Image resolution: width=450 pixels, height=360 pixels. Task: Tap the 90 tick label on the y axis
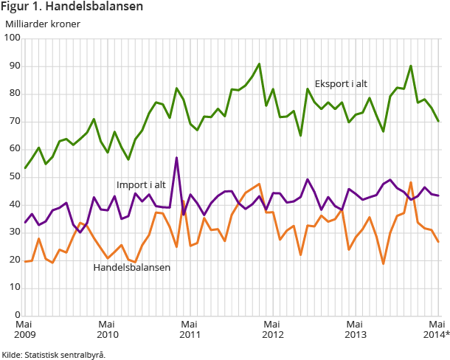(x=13, y=66)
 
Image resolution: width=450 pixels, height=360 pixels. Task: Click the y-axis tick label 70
(x=13, y=121)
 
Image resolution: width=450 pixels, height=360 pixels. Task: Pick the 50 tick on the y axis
(x=13, y=177)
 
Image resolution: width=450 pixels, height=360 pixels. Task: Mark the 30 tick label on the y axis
(x=13, y=232)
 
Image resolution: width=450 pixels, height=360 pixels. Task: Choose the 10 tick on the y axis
(x=13, y=288)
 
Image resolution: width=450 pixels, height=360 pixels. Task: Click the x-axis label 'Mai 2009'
(x=25, y=330)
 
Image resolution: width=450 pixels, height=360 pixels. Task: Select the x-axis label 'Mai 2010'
(x=108, y=330)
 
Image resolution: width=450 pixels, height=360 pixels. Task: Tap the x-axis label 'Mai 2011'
(x=190, y=330)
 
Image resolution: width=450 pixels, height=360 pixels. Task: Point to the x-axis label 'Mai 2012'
(x=273, y=330)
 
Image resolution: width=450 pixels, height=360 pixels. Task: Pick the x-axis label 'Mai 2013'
(x=356, y=330)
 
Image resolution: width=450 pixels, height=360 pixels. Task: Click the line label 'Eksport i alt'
(x=341, y=83)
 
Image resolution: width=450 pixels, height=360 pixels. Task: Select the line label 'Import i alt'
(x=141, y=184)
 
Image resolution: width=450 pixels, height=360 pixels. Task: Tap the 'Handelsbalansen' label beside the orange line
(x=132, y=267)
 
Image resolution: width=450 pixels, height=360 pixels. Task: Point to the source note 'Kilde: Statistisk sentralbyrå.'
(x=54, y=354)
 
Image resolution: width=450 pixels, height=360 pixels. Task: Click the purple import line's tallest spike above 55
(x=176, y=157)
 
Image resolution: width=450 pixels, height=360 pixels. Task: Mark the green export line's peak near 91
(x=259, y=63)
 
